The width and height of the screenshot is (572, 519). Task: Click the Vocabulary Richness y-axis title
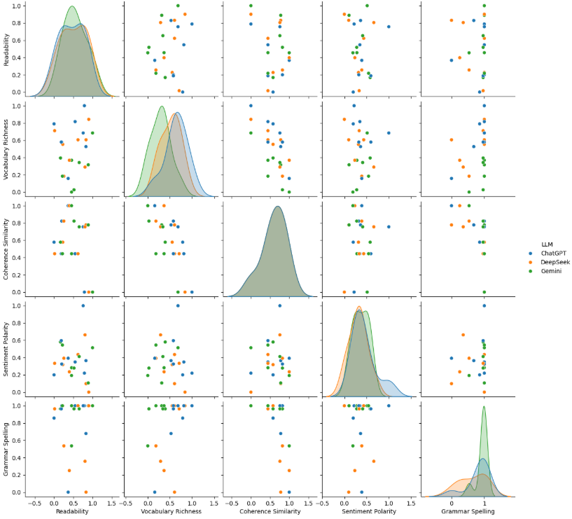[6, 148]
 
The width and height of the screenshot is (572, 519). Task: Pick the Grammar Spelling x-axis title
[467, 511]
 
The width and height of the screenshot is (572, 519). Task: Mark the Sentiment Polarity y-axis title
[6, 348]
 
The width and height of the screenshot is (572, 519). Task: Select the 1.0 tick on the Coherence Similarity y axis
[18, 205]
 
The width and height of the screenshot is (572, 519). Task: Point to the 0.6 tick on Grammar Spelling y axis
[18, 440]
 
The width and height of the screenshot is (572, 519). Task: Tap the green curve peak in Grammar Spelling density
[483, 409]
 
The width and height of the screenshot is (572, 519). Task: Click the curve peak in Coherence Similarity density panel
[278, 206]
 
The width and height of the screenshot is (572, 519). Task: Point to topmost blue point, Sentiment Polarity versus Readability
[83, 305]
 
